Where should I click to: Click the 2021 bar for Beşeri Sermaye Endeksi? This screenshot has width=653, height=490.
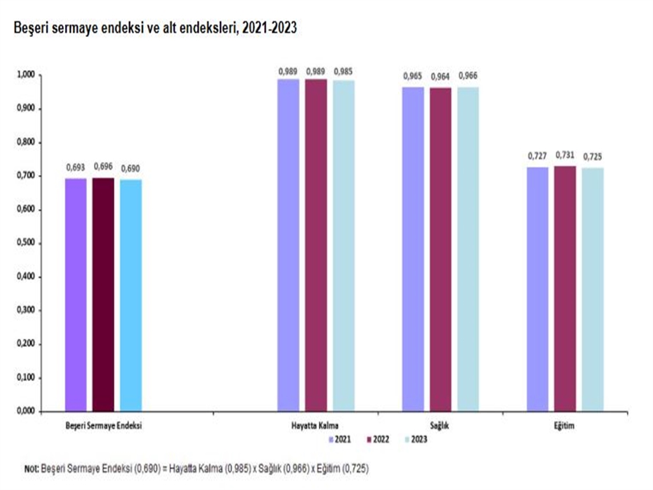[x=75, y=295]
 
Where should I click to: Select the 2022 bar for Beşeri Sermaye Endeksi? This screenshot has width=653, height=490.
[x=103, y=294]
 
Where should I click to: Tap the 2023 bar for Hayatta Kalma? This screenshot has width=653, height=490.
[x=344, y=246]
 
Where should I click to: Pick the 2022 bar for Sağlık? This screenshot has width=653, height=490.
[x=441, y=249]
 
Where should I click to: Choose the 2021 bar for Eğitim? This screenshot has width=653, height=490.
[x=538, y=289]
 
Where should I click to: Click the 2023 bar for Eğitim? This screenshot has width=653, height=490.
[x=592, y=290]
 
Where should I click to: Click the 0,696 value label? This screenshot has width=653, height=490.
[x=103, y=167]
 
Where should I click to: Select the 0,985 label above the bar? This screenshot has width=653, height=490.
[x=344, y=70]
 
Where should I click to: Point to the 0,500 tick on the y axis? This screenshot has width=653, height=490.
[x=26, y=243]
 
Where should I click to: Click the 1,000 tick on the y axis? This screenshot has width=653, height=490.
[x=26, y=75]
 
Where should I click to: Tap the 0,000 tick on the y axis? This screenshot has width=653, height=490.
[x=26, y=412]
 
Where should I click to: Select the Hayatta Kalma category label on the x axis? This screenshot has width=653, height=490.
[x=316, y=425]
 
